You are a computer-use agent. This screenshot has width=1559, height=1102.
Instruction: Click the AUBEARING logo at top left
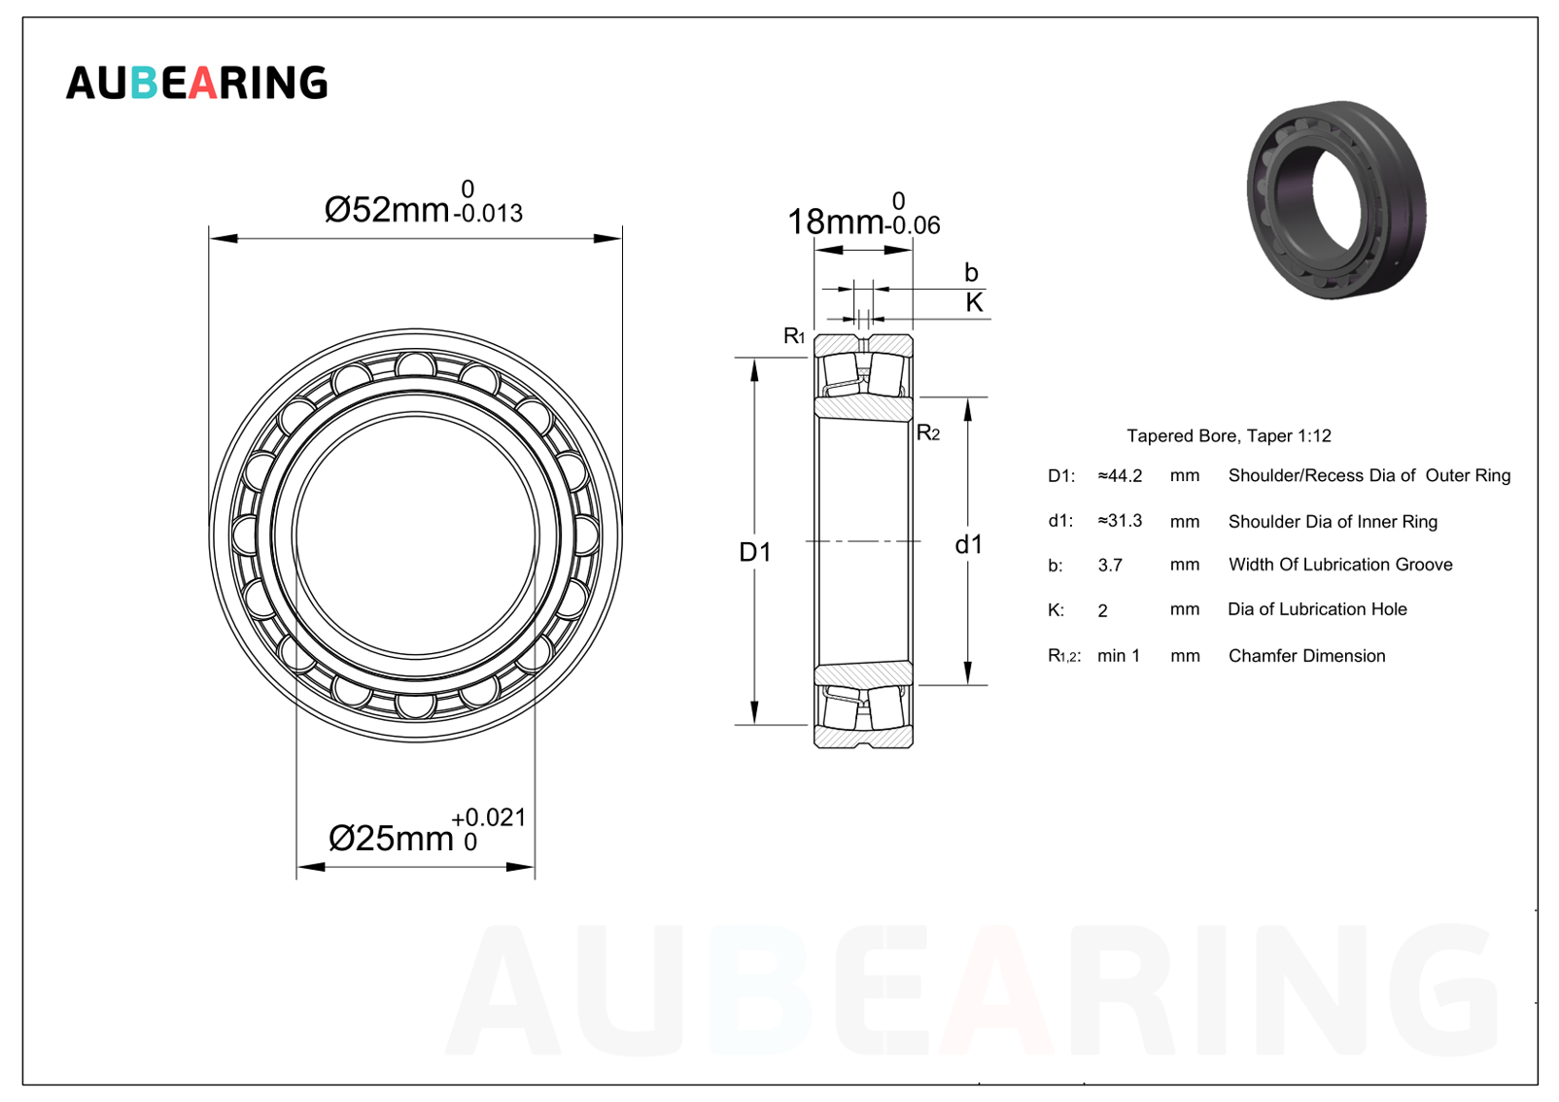click(x=196, y=83)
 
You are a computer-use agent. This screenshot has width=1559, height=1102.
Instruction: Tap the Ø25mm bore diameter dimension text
click(x=391, y=838)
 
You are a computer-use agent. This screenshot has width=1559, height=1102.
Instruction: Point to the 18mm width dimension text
click(x=835, y=222)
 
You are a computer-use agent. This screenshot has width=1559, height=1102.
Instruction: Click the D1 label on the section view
click(x=755, y=552)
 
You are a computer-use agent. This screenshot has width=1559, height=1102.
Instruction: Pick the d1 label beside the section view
click(x=969, y=544)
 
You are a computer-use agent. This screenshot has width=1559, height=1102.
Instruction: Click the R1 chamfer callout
click(x=794, y=336)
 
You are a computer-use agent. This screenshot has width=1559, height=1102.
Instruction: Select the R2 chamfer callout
click(x=928, y=432)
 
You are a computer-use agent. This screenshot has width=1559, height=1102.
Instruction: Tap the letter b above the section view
click(x=972, y=272)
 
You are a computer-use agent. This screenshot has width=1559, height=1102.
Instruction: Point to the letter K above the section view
click(x=974, y=302)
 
